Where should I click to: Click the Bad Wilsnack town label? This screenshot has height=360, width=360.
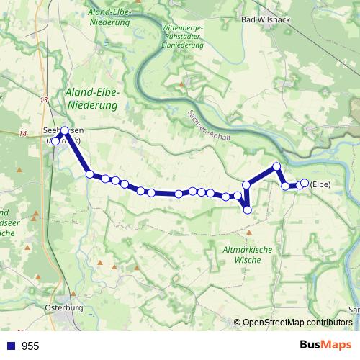[x=266, y=19]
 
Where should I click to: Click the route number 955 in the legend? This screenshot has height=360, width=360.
[x=30, y=346]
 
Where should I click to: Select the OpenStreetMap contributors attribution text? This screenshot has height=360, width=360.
[x=297, y=322]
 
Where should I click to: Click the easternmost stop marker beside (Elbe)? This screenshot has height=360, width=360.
[x=305, y=183]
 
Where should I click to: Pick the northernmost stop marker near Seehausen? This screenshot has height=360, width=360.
[x=65, y=130]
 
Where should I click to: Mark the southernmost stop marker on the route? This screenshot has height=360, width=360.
[x=248, y=210]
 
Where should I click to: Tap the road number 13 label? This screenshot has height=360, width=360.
[x=44, y=99]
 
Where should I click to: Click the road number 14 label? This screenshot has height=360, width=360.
[x=22, y=134]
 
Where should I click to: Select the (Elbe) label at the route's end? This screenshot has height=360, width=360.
[x=320, y=184]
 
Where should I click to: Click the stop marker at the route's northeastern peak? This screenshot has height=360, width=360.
[x=276, y=167]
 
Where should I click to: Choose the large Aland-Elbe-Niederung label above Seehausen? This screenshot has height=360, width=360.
[x=91, y=99]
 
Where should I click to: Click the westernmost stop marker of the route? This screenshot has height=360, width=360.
[x=55, y=140]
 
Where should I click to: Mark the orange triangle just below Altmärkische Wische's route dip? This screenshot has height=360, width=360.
[x=249, y=233]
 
